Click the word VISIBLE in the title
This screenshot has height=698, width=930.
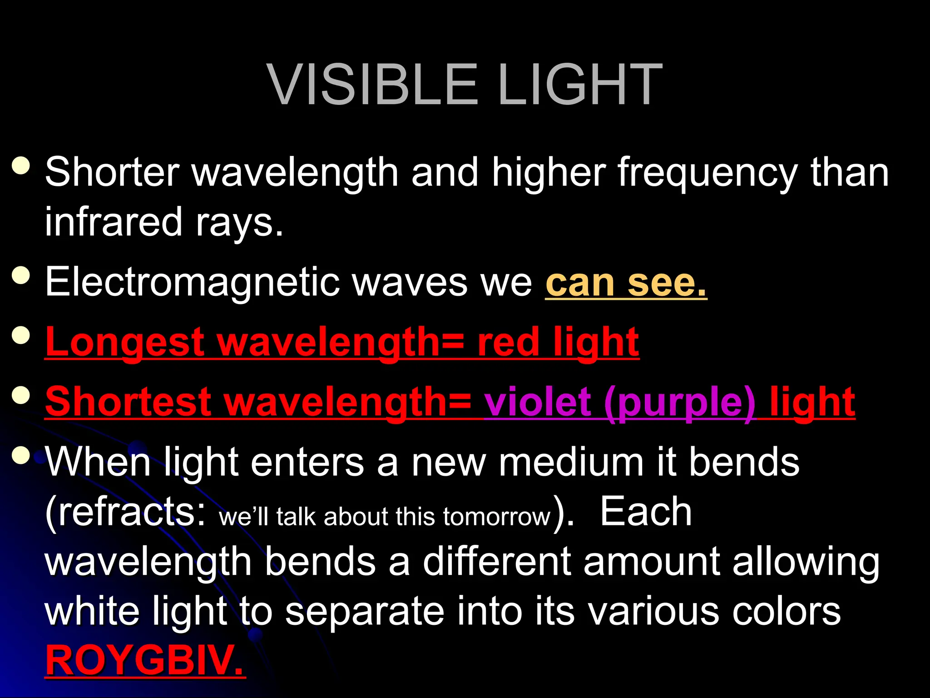372,85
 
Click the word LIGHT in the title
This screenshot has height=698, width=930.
580,85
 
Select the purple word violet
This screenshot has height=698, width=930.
538,402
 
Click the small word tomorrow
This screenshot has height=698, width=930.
497,517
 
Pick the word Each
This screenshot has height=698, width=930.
646,512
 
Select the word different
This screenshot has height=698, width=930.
497,562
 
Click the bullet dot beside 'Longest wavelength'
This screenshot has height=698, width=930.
21,336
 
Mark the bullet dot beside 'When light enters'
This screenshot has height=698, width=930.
21,455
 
